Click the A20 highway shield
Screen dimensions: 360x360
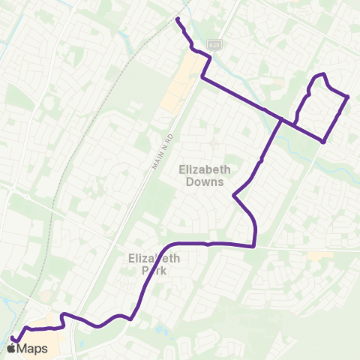214,45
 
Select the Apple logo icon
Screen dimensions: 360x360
11,348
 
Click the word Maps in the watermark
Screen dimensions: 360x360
34,349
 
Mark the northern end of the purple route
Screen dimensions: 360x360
178,18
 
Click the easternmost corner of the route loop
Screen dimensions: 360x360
349,97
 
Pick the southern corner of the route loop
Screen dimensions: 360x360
322,141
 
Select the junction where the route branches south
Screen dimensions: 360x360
282,120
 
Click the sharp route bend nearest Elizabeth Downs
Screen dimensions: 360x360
234,196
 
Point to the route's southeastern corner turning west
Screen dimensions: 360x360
255,244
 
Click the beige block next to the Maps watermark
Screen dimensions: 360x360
46,321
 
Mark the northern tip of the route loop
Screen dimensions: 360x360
322,73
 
